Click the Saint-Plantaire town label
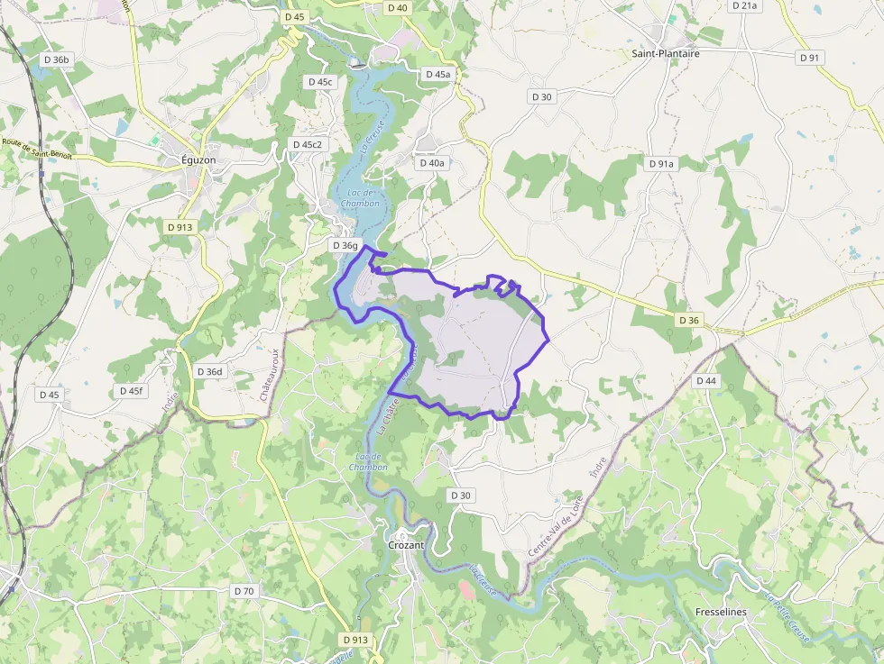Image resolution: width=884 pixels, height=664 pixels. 666,53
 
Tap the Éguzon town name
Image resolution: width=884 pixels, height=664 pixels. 198,159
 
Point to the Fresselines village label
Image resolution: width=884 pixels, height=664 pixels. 722,612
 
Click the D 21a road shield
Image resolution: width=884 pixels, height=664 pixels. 745,5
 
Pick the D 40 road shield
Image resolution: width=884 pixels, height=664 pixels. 397,7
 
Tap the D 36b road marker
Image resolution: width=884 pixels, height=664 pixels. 56,59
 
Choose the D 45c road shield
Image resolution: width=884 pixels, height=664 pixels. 320,82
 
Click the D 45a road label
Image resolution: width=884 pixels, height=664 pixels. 437,74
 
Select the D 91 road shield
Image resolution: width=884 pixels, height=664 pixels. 810,58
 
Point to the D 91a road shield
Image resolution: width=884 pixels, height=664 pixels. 661,164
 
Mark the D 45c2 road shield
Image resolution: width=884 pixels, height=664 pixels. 308,144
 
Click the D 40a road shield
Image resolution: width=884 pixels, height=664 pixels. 432,163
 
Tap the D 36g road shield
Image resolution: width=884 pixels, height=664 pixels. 345,245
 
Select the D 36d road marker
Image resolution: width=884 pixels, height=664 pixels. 209,371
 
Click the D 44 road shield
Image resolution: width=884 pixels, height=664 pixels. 706,381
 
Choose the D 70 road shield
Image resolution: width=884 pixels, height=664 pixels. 244,591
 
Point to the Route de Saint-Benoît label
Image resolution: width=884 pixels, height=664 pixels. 36,148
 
